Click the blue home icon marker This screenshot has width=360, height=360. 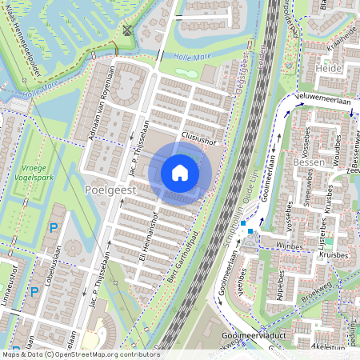(x=180, y=172)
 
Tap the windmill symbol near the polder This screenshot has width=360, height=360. (x=127, y=31)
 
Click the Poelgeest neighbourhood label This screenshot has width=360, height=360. (x=109, y=191)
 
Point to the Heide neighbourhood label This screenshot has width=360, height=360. (x=330, y=69)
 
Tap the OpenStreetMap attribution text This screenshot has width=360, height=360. (x=80, y=354)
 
